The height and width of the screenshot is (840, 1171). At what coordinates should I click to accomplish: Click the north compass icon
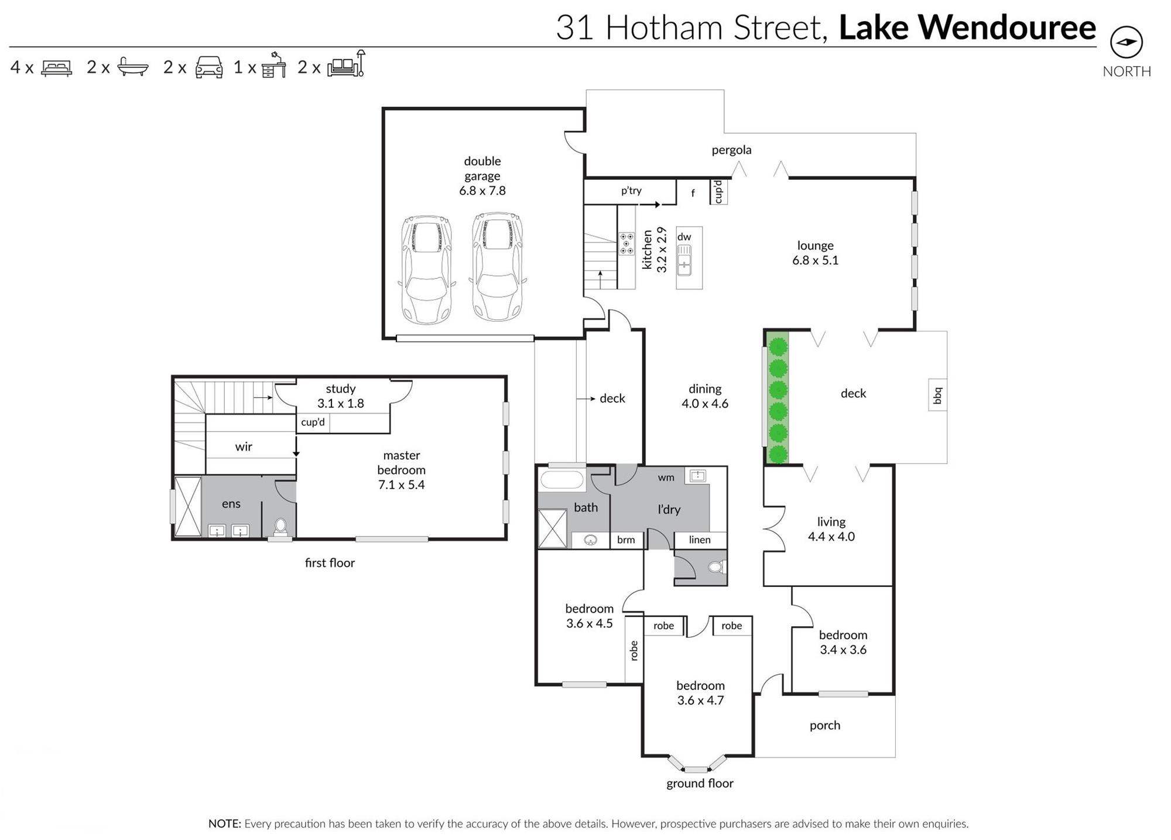[1126, 42]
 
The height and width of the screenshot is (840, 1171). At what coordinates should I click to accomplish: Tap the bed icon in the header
[56, 68]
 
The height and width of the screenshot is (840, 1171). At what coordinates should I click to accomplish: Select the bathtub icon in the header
[132, 67]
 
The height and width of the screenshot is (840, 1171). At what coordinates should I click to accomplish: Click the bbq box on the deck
[937, 395]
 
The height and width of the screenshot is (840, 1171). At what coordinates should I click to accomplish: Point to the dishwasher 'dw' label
[684, 237]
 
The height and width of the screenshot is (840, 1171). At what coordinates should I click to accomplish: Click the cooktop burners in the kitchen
[626, 244]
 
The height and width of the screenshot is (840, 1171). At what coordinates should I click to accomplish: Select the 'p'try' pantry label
[631, 190]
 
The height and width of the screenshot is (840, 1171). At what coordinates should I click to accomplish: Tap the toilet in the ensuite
[280, 525]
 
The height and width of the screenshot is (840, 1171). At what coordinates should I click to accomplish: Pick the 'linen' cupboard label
[700, 539]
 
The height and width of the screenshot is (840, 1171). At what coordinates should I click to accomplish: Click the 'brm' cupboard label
[626, 539]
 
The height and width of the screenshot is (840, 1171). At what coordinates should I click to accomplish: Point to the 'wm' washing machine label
[666, 477]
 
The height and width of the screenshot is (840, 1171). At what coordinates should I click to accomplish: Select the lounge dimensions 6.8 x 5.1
[815, 260]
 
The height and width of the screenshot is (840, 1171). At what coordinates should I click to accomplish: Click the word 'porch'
[824, 725]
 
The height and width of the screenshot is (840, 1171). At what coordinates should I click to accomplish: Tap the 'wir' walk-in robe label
[244, 446]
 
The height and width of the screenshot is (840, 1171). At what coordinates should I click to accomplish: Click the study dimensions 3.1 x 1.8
[340, 403]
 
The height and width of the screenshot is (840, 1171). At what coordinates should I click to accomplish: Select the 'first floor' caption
[330, 563]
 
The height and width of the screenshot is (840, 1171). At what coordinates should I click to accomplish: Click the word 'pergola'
[731, 150]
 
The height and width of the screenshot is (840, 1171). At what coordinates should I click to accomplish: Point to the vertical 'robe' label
[634, 651]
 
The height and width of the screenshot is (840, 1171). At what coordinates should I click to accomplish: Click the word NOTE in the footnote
[224, 824]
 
